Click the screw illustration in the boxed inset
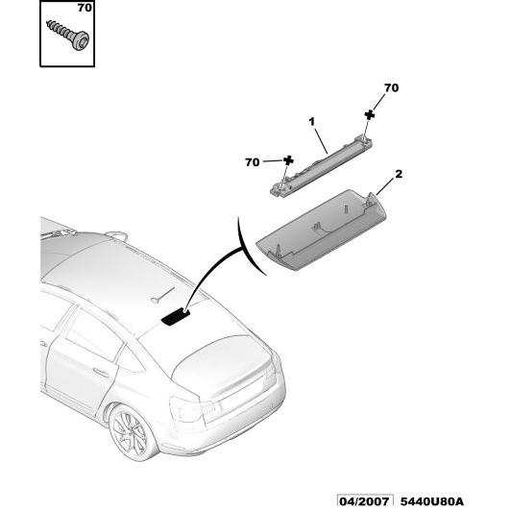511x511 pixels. [68, 35]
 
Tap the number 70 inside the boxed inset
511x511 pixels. [85, 8]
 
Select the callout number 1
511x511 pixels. [312, 122]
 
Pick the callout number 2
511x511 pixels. [399, 174]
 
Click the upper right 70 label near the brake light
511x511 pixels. [391, 88]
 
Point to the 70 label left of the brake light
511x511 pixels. [252, 162]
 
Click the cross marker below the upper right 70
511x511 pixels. [369, 114]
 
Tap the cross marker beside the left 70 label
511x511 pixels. [288, 160]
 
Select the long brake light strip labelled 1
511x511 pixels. [322, 165]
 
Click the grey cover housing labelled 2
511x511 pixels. [321, 230]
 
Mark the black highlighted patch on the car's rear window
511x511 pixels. [176, 317]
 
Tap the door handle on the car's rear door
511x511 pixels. [101, 372]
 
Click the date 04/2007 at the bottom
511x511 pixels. [364, 500]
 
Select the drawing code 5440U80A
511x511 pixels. [431, 500]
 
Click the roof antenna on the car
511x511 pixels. [116, 235]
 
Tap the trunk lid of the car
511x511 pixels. [222, 363]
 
